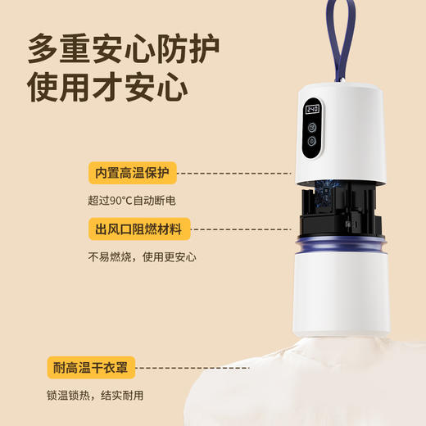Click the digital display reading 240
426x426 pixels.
coord(312,109)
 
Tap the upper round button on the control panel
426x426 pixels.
coord(312,126)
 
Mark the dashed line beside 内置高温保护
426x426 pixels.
coord(233,174)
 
